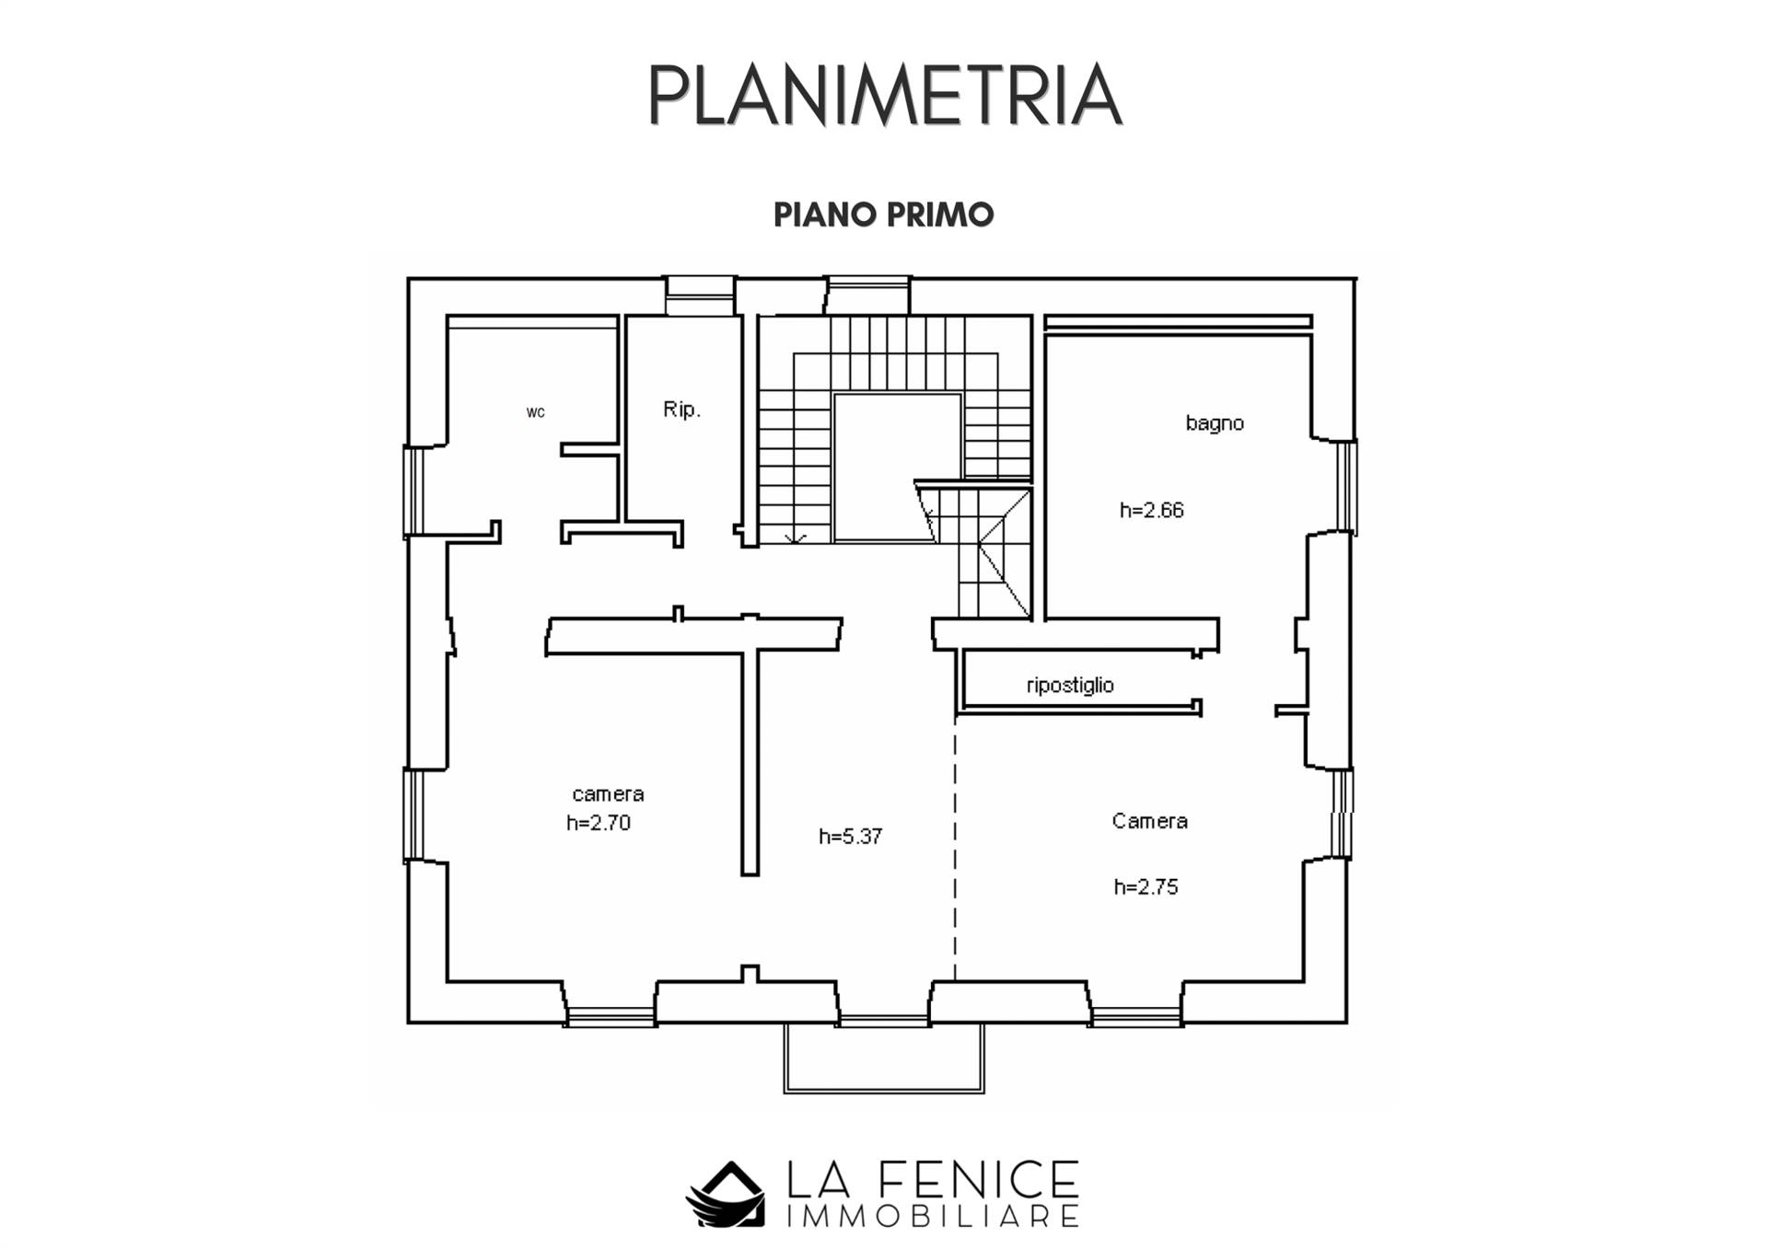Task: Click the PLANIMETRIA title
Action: pyautogui.click(x=885, y=96)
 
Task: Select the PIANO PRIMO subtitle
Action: pyautogui.click(x=884, y=214)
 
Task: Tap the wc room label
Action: pyautogui.click(x=536, y=412)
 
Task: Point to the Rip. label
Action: pyautogui.click(x=682, y=410)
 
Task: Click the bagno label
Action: pyautogui.click(x=1215, y=423)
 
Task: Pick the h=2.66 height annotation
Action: pyautogui.click(x=1151, y=510)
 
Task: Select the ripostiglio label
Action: pyautogui.click(x=1070, y=685)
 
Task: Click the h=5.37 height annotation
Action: pyautogui.click(x=851, y=836)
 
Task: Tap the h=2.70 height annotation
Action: pyautogui.click(x=599, y=823)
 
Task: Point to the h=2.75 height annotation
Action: pyautogui.click(x=1146, y=886)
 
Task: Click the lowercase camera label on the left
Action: pyautogui.click(x=608, y=793)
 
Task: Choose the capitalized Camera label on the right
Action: pyautogui.click(x=1150, y=820)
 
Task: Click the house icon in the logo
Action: pyautogui.click(x=726, y=1194)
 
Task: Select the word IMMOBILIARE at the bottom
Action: pyautogui.click(x=933, y=1217)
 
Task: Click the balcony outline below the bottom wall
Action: pyautogui.click(x=884, y=1091)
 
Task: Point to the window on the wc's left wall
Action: pyautogui.click(x=413, y=491)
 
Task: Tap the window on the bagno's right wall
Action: pyautogui.click(x=1346, y=487)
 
